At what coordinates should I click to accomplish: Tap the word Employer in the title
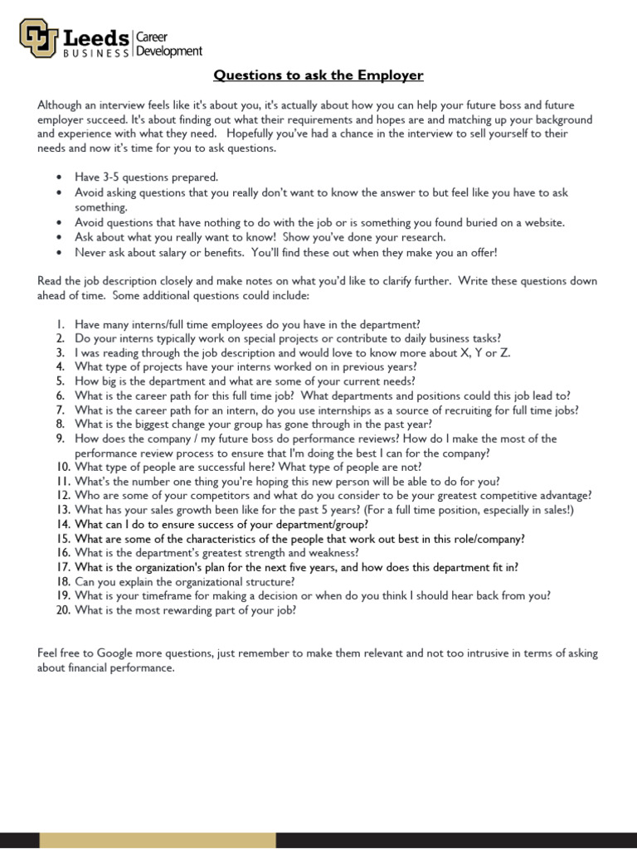391,75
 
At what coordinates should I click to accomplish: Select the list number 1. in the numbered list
61,325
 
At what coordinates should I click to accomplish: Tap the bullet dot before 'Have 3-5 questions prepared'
59,177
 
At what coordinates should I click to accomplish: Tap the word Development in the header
169,51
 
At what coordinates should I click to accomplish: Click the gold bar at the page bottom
158,840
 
